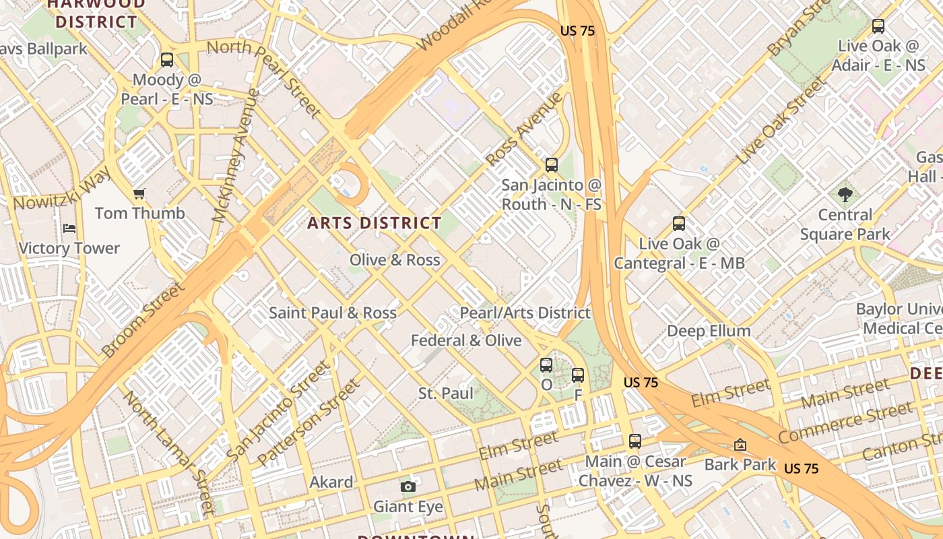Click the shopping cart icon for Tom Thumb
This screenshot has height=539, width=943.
tap(139, 194)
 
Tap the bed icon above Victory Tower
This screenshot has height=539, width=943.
tap(69, 228)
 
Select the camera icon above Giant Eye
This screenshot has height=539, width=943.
tap(408, 486)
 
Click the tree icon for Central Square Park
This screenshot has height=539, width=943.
tap(845, 195)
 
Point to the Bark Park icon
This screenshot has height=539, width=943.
tap(740, 445)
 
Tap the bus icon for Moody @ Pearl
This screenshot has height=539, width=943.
tap(167, 60)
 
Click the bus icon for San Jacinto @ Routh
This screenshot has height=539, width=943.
tap(552, 164)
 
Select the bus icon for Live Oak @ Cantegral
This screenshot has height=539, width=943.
tap(679, 224)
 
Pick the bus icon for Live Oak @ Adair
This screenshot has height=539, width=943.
tap(878, 26)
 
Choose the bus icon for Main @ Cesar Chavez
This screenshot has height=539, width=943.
tap(635, 441)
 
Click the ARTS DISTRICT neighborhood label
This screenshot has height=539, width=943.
tap(375, 223)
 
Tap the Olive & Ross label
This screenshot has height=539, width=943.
tap(395, 260)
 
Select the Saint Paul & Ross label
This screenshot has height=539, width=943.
tap(333, 313)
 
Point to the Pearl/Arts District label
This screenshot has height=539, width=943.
tap(525, 313)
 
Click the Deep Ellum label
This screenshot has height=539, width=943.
tap(709, 331)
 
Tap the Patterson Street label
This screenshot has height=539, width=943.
tap(309, 422)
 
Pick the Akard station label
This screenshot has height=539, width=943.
tap(331, 482)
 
